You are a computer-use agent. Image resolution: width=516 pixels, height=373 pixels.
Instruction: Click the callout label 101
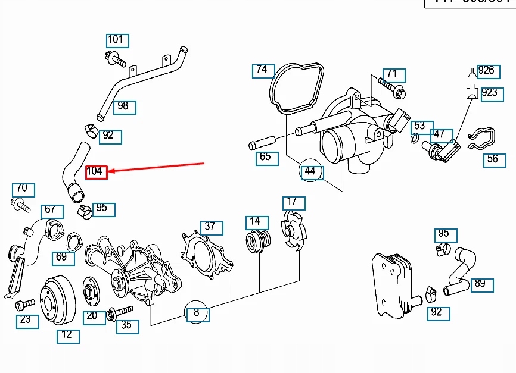(116, 40)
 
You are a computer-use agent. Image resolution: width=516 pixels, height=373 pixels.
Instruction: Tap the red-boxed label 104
(96, 172)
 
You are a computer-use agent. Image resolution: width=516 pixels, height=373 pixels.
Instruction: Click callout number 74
(262, 70)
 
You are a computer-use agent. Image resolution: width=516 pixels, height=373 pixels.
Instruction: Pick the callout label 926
(487, 71)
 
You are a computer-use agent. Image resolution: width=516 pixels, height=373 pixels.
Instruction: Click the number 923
(490, 93)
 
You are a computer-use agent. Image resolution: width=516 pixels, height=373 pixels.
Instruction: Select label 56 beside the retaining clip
(493, 159)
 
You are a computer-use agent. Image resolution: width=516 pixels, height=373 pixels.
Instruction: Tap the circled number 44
(310, 171)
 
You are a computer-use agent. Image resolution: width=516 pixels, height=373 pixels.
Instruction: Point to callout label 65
(266, 158)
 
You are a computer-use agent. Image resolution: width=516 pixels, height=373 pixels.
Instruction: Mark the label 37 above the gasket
(210, 227)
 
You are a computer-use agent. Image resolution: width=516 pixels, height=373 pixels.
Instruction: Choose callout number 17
(293, 202)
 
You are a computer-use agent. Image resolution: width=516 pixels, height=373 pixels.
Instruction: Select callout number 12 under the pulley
(67, 335)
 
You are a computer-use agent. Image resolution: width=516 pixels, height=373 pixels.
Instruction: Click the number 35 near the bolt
(127, 326)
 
